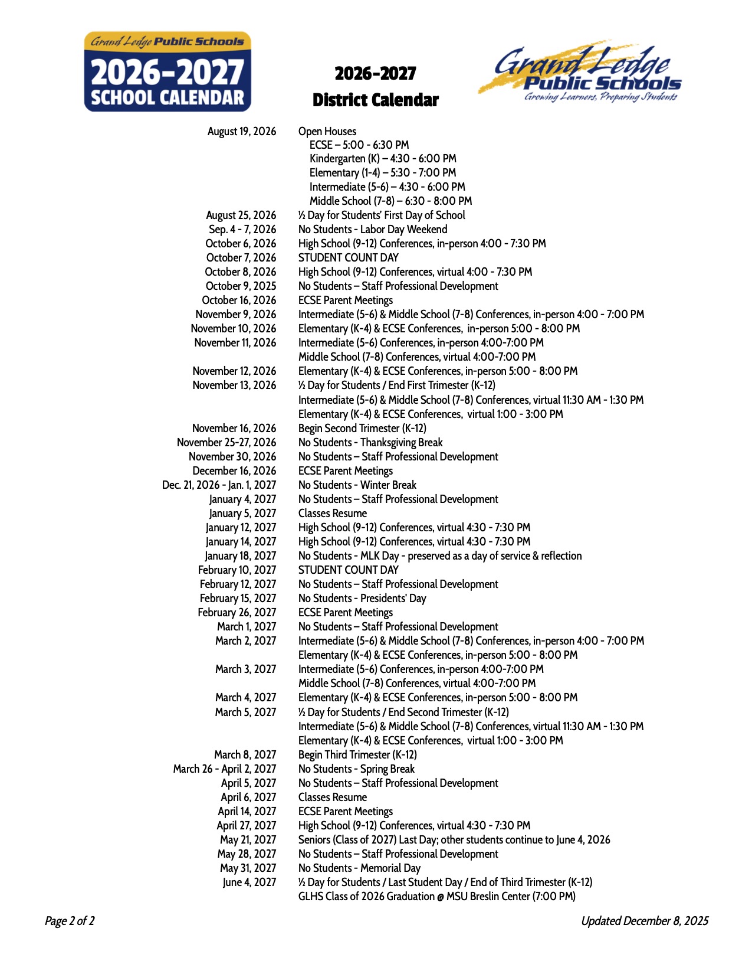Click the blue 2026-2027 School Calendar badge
point(168,72)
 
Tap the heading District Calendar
point(375,100)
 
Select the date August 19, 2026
point(241,131)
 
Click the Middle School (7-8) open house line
point(390,201)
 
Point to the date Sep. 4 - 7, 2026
point(242,229)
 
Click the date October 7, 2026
point(241,257)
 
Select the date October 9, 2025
point(240,286)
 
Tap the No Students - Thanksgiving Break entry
point(370,442)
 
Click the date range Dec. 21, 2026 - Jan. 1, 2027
point(219,485)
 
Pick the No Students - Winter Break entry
point(357,485)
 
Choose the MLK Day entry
point(440,555)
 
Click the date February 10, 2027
point(237,570)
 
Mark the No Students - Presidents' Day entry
point(362,598)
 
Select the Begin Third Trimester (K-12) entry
point(357,754)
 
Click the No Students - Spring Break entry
point(356,769)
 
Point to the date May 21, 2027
point(248,839)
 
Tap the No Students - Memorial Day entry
point(359,868)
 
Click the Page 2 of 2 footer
point(70,920)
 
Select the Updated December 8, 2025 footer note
point(645,920)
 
